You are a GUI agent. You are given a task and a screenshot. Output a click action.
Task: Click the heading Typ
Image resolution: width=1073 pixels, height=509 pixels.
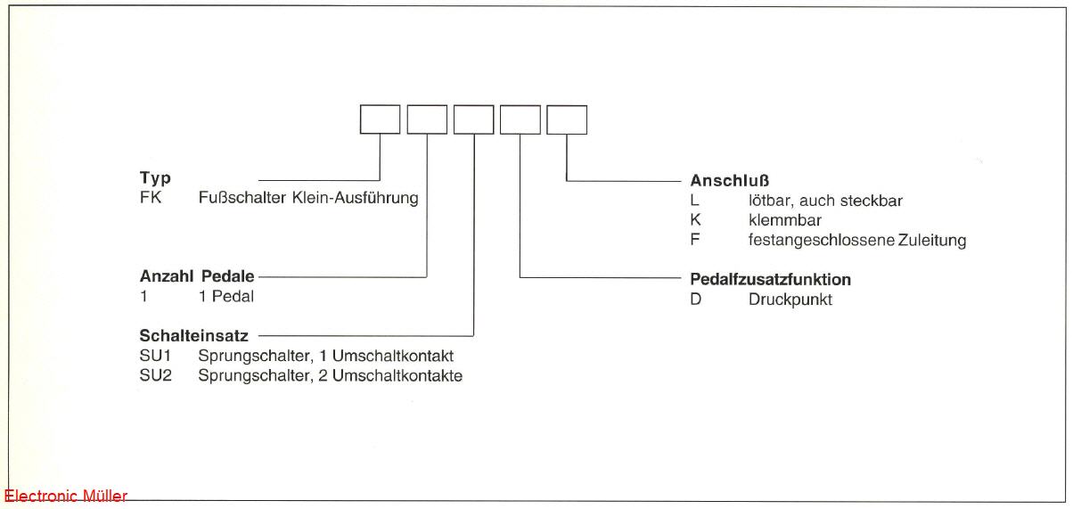click(x=155, y=178)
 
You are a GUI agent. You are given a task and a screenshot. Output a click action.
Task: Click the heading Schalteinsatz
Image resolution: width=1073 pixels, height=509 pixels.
click(x=193, y=336)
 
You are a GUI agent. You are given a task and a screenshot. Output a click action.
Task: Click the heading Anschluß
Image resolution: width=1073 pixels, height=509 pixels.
click(x=730, y=181)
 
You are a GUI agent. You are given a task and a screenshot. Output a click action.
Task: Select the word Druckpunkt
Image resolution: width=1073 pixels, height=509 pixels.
click(x=790, y=300)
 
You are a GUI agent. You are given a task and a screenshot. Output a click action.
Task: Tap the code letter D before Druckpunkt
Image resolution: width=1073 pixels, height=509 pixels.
click(x=696, y=300)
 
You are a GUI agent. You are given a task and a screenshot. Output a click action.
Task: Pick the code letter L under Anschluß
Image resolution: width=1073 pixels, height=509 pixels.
click(x=695, y=201)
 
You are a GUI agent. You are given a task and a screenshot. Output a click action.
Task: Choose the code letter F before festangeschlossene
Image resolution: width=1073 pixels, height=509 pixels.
click(x=695, y=240)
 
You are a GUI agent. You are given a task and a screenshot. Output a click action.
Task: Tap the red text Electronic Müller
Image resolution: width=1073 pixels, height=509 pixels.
click(x=66, y=497)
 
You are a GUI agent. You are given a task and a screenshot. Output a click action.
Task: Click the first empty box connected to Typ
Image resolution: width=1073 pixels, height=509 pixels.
click(x=380, y=119)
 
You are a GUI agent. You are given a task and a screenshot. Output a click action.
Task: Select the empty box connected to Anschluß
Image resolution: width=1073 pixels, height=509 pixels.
click(x=567, y=119)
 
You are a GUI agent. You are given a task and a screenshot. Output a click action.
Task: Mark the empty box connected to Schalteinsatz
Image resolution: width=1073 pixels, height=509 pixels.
click(x=473, y=119)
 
